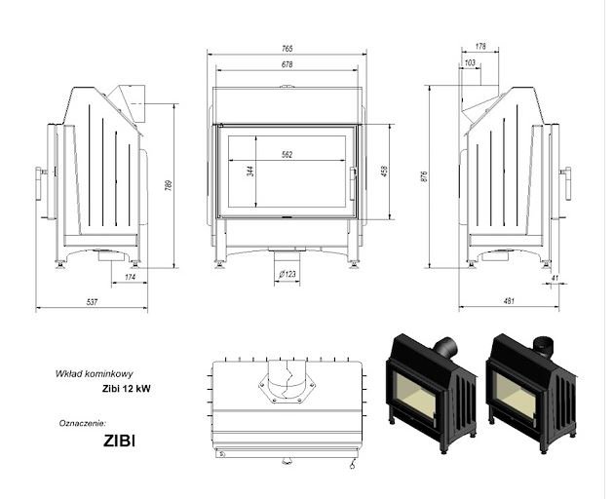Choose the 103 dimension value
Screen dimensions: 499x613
[471, 62]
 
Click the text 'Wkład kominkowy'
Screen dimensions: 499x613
[89, 373]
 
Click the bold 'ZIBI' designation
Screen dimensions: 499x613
[119, 440]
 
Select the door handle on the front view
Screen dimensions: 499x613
[352, 180]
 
